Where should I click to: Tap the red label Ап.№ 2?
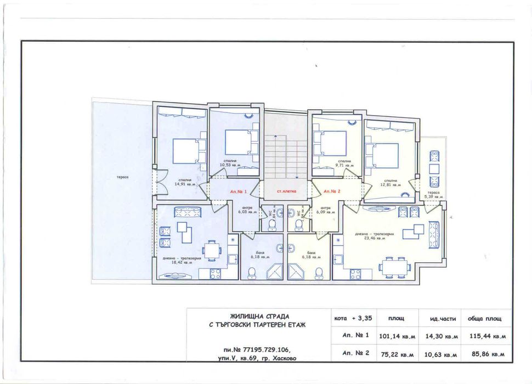pos(332,191)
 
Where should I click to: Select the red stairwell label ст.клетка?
pos(286,191)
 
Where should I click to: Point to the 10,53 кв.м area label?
pos(231,165)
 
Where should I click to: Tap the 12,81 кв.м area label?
pos(390,185)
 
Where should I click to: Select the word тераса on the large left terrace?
pos(122,177)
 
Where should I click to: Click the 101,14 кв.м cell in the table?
pos(397,336)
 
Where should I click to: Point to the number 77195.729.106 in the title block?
pos(261,349)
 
